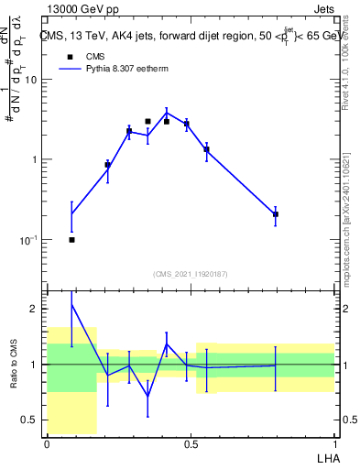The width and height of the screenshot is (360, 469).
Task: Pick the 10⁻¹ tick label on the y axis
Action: [x=30, y=240]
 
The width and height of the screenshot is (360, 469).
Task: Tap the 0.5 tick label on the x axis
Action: [x=191, y=444]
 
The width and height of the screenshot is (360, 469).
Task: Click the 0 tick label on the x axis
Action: [x=47, y=444]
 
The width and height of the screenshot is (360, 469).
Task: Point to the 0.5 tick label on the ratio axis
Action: [x=30, y=420]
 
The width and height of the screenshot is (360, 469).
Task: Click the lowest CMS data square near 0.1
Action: [x=71, y=240]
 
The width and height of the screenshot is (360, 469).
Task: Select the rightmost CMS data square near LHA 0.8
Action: [x=275, y=214]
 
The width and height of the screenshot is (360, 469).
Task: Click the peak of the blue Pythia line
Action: [x=167, y=112]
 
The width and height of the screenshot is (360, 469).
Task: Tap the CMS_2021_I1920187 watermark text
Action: [x=191, y=273]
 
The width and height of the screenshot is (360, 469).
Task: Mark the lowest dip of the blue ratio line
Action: [x=147, y=397]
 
